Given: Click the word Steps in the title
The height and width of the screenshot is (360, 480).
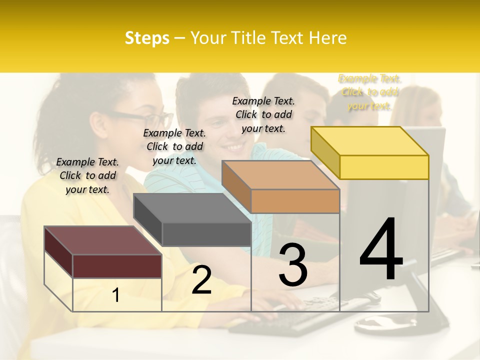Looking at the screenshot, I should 147,38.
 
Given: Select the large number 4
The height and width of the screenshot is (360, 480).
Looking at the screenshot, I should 381,249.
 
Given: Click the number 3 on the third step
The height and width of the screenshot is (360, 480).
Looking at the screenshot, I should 293,265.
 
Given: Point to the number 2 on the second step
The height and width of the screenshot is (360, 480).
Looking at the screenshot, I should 201,280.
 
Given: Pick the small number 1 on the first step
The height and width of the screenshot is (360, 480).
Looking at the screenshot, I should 116,295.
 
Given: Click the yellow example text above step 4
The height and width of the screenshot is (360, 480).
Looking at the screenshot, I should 369,92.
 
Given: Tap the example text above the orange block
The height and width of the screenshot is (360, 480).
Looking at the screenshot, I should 263,114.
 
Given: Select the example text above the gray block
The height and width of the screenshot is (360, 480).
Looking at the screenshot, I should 174,146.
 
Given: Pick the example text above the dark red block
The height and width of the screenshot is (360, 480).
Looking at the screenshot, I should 87,175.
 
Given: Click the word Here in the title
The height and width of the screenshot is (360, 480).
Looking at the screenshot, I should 327,38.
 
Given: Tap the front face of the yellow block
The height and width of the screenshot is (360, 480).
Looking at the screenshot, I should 384,167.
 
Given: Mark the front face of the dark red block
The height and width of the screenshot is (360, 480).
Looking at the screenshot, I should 117,266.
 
